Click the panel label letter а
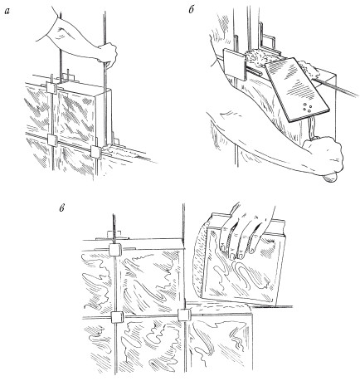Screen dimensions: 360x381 pyautogui.click(x=7, y=12)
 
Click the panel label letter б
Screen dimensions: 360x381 pyautogui.click(x=191, y=11)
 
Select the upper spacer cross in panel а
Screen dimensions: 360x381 pyautogui.click(x=51, y=87)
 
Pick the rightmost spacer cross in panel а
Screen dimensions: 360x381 pyautogui.click(x=96, y=152)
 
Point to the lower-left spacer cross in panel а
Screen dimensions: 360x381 pyautogui.click(x=52, y=140)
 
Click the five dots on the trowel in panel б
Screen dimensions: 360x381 pyautogui.click(x=308, y=107)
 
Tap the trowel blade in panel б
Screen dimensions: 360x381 pyautogui.click(x=295, y=90)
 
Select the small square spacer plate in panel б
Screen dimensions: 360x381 pyautogui.click(x=234, y=64)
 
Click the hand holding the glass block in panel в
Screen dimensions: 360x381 pyautogui.click(x=246, y=232)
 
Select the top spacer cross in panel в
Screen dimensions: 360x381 pyautogui.click(x=115, y=250)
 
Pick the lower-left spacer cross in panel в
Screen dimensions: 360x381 pyautogui.click(x=116, y=317)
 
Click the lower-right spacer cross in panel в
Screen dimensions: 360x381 pyautogui.click(x=183, y=315)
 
